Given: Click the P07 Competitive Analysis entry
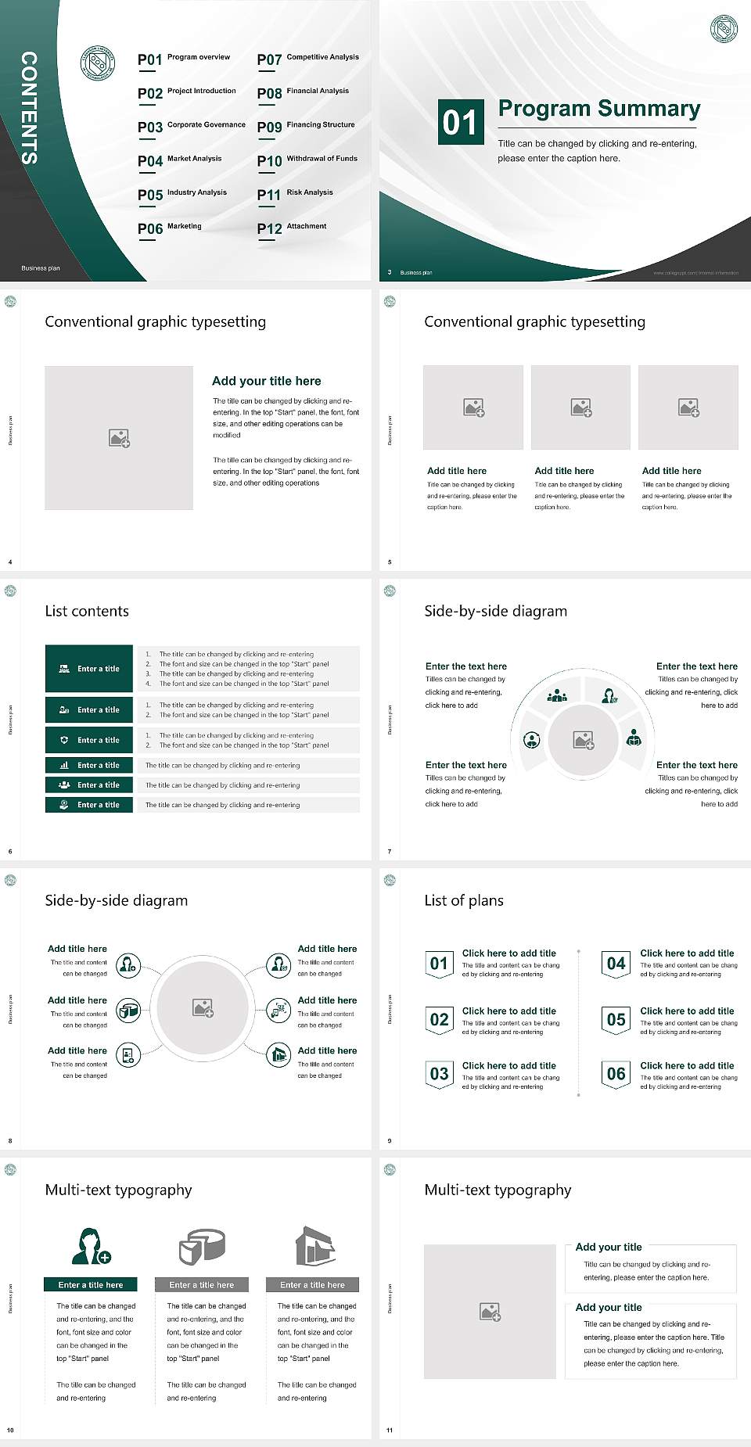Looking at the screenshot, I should click(308, 59).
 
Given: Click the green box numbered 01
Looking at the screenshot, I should click(459, 122).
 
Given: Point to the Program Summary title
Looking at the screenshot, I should click(598, 109).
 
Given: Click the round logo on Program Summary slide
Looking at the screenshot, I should click(724, 29).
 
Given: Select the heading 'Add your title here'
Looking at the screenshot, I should click(266, 381).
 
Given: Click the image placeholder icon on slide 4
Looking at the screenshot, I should click(119, 438).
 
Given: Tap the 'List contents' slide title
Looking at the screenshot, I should click(87, 611).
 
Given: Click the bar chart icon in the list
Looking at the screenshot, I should click(64, 765).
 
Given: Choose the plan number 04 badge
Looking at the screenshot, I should click(616, 964).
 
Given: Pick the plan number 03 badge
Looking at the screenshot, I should click(439, 1074).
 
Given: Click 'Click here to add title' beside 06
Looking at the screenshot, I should click(687, 1065).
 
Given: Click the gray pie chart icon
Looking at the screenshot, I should click(202, 1246).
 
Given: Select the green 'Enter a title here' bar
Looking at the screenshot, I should click(90, 1284).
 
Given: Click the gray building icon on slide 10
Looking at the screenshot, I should click(314, 1246).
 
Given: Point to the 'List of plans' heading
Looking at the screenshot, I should click(464, 900).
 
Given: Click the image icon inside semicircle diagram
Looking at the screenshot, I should click(584, 740).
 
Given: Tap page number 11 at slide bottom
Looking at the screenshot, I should click(390, 1431).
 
